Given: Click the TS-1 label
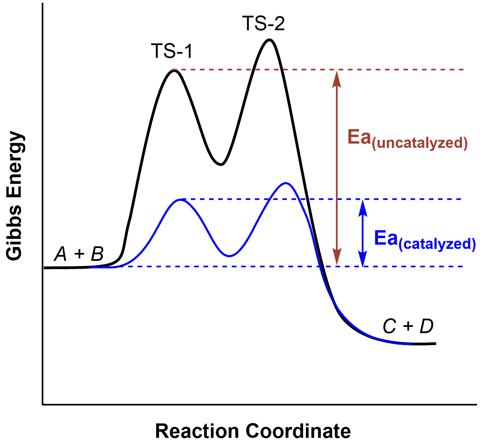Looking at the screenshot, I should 171,51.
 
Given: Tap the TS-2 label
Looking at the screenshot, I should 263,24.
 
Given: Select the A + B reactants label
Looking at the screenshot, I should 79,254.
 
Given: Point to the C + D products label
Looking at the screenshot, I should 408,326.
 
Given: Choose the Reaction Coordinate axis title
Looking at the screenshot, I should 253,431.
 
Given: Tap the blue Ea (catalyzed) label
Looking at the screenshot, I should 425,240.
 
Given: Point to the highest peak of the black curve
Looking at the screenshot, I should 269,40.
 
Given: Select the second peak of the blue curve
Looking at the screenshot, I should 285,183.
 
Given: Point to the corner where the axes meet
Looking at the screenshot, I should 43,404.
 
